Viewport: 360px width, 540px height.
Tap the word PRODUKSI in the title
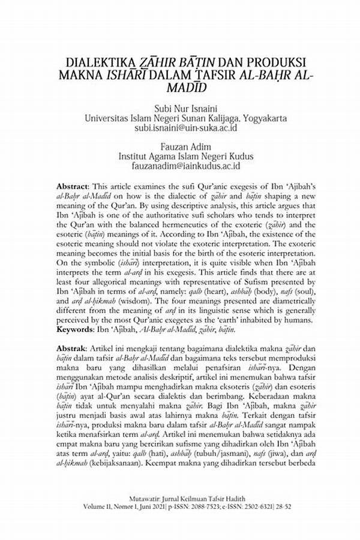tap(275, 62)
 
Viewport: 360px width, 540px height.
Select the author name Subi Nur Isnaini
tap(180, 109)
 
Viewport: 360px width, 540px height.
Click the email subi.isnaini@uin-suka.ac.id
tap(180, 128)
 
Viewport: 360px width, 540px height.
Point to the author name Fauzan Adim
tap(180, 147)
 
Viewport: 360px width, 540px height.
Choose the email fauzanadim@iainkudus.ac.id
tap(180, 166)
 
